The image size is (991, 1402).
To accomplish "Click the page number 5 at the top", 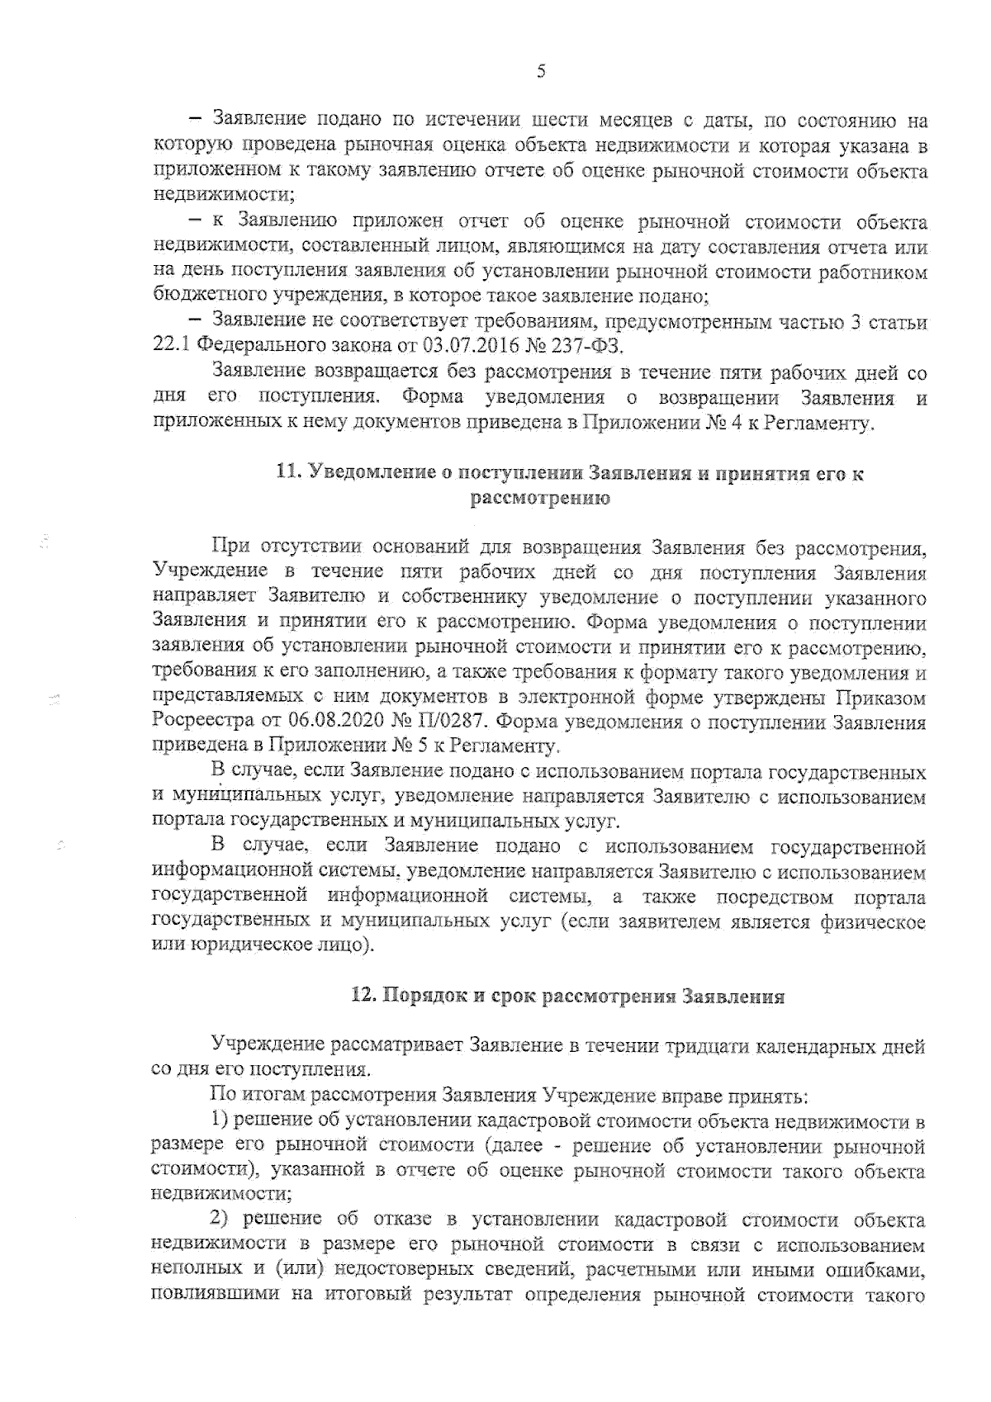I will [x=541, y=71].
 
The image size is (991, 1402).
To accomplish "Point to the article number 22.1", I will [x=173, y=343].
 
